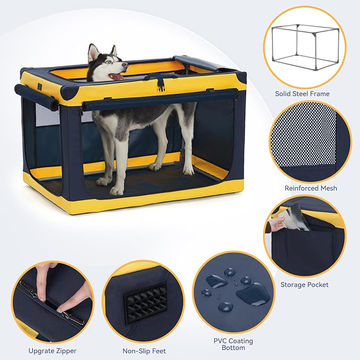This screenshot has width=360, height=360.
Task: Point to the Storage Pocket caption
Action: (x=304, y=285)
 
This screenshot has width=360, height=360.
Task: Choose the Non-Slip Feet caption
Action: (x=144, y=350)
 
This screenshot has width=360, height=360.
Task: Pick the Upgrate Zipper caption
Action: (x=52, y=350)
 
